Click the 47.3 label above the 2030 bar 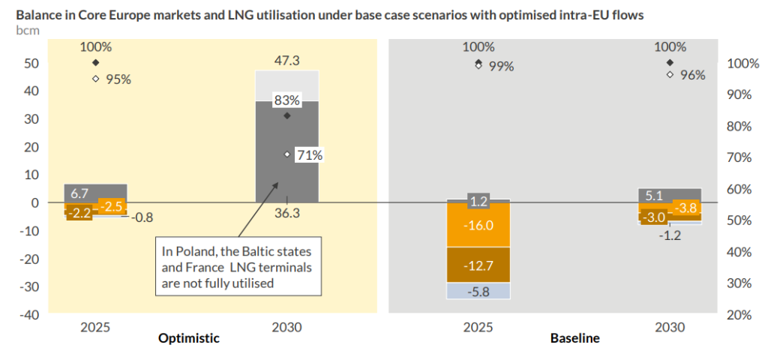(287, 61)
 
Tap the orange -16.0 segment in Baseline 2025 (478, 226)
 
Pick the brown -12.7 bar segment (478, 264)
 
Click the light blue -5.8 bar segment (478, 291)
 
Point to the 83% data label (287, 100)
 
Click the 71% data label (309, 155)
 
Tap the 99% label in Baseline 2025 (501, 66)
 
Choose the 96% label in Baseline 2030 (692, 75)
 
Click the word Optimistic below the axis (189, 338)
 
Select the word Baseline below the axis (574, 338)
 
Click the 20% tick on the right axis (738, 315)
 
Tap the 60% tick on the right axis (738, 189)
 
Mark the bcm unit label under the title (26, 30)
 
